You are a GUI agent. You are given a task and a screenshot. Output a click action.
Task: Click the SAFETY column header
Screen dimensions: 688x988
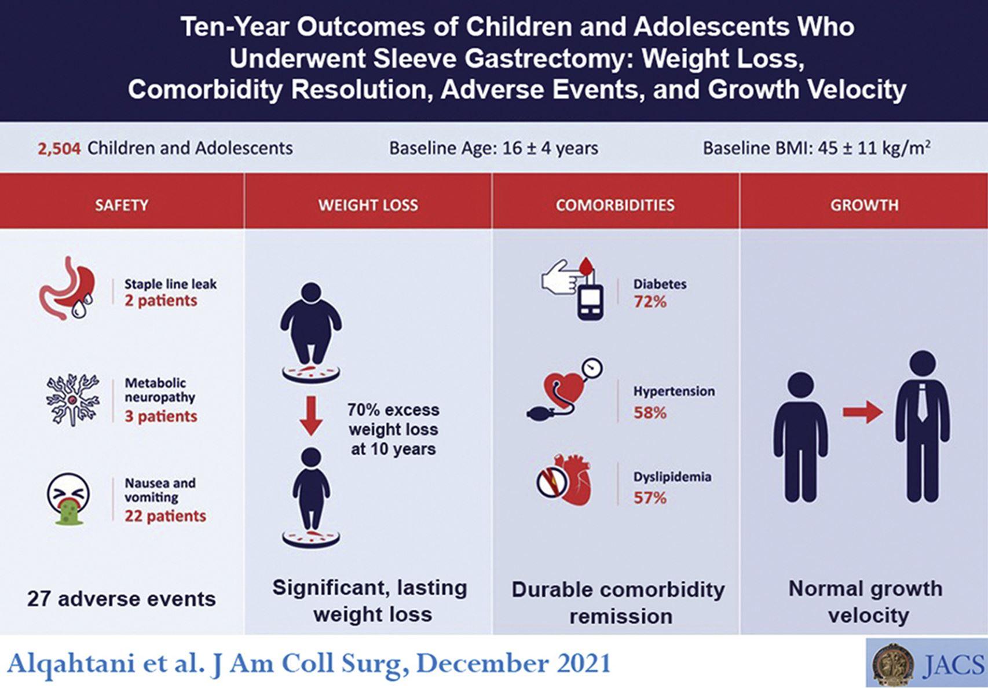pos(122,205)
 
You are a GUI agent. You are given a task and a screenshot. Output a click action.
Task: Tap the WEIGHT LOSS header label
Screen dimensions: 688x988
pos(368,205)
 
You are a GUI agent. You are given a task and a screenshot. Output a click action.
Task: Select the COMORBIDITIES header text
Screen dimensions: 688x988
pos(615,205)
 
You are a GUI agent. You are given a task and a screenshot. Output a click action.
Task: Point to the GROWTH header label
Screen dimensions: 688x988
pos(864,205)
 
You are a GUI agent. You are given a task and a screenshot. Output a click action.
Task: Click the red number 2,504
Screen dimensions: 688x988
pos(59,149)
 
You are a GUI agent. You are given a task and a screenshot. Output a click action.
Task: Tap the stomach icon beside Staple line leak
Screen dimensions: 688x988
pos(68,288)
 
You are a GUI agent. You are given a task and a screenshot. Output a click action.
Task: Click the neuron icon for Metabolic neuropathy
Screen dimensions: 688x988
pos(72,400)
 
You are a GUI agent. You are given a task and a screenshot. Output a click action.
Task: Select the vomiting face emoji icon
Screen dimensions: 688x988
pos(68,499)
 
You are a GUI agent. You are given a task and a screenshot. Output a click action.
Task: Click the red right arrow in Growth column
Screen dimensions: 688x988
pos(862,412)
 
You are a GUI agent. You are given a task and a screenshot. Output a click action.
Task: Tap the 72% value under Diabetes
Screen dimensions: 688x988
pos(650,302)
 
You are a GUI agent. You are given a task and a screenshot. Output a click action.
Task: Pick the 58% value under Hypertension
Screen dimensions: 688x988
pos(650,413)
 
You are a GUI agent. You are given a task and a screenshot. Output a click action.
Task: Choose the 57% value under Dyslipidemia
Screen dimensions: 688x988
pos(650,498)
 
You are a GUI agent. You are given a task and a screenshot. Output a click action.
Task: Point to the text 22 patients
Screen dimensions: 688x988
pos(166,516)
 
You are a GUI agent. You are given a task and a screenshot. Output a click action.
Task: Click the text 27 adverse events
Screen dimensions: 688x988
pos(122,599)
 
